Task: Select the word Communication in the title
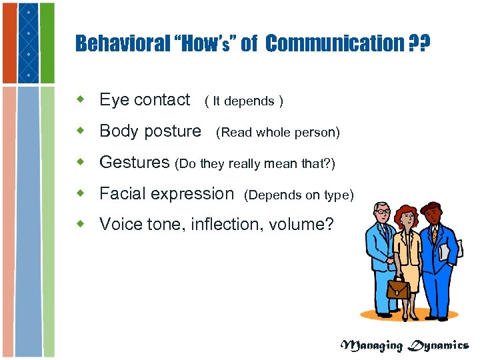click(x=333, y=44)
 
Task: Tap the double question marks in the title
click(x=419, y=44)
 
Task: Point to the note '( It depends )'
click(x=244, y=101)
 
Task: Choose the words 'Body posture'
click(x=150, y=131)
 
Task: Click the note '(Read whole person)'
click(x=278, y=133)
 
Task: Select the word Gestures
click(x=135, y=163)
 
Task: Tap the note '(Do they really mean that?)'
click(x=255, y=163)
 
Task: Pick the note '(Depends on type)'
click(x=299, y=195)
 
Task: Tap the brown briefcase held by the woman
click(x=399, y=287)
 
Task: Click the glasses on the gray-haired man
click(x=383, y=211)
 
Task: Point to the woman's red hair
click(x=405, y=214)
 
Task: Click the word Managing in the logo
click(x=372, y=345)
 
